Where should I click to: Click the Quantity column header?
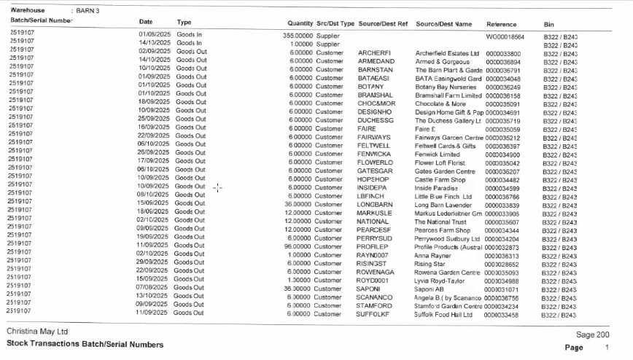click(300, 23)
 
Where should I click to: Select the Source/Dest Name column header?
click(444, 23)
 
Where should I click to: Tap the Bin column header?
click(549, 23)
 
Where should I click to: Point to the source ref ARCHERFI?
click(375, 53)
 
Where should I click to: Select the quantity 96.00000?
click(300, 247)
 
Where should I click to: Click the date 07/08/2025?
click(154, 289)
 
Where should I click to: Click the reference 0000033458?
click(502, 315)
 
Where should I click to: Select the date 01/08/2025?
click(154, 35)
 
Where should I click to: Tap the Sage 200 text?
click(592, 334)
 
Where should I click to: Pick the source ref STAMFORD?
click(375, 306)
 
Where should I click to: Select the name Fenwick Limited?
click(438, 154)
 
